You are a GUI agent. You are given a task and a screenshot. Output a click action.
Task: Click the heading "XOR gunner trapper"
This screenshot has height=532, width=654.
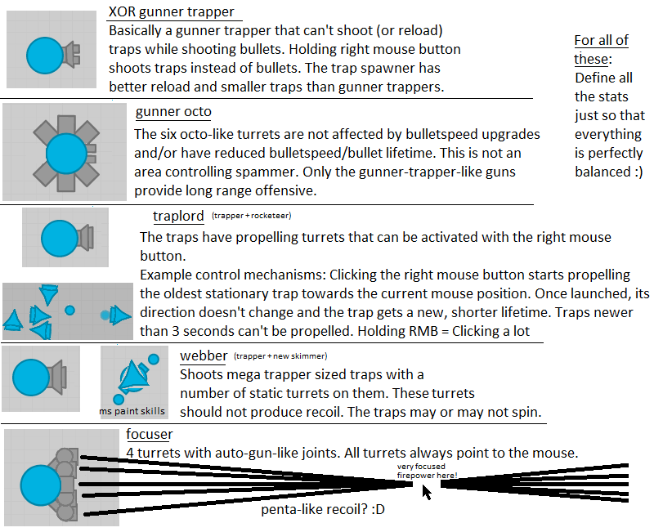click(x=171, y=12)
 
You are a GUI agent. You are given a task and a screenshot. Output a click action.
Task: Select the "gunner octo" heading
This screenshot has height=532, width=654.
click(x=173, y=112)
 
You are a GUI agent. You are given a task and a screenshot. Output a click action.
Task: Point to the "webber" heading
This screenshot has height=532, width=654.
click(x=203, y=356)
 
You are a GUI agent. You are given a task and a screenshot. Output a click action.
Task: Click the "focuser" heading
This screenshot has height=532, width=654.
click(x=150, y=433)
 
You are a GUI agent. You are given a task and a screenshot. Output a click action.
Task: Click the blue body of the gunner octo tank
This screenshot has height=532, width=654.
click(x=66, y=153)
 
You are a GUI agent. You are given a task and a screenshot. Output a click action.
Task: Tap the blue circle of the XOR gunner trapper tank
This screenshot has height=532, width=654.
click(x=45, y=55)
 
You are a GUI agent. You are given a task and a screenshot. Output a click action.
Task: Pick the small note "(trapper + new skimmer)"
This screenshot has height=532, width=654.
click(x=280, y=356)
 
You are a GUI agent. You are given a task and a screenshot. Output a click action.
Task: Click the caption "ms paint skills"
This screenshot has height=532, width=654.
click(x=132, y=411)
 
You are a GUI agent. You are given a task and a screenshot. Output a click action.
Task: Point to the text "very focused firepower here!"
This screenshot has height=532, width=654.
click(x=428, y=471)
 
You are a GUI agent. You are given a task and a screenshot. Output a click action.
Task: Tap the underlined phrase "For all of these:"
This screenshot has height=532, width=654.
click(x=601, y=50)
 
